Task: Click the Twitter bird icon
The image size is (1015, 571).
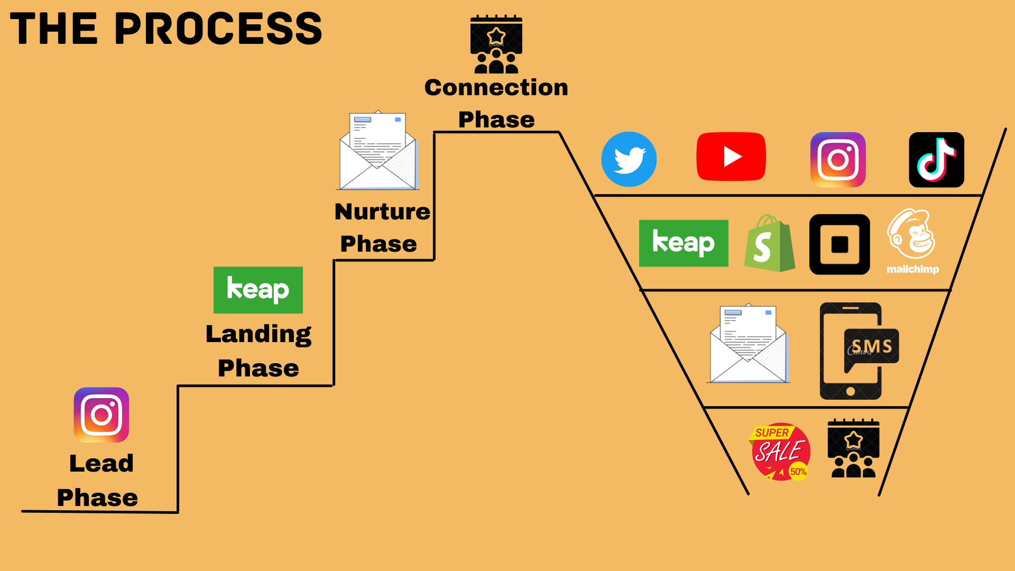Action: click(629, 159)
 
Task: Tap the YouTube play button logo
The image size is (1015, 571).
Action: click(731, 156)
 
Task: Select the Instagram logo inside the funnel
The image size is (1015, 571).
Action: click(838, 160)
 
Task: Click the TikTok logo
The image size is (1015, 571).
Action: click(936, 160)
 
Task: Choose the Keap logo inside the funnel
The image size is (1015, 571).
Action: click(684, 243)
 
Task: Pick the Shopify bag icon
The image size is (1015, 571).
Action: click(770, 243)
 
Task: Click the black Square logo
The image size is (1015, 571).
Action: click(839, 244)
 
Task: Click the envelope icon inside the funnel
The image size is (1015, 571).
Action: click(748, 343)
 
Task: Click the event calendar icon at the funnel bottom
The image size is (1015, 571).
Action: click(853, 448)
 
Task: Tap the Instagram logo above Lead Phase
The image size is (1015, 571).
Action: click(101, 415)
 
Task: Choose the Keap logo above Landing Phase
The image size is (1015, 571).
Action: click(258, 290)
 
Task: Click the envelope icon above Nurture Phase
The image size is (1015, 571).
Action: click(377, 150)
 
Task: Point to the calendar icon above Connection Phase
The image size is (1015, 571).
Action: click(496, 44)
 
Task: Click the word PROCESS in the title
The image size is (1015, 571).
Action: click(218, 29)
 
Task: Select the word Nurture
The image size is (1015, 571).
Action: click(382, 211)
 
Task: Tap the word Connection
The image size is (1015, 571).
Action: click(496, 87)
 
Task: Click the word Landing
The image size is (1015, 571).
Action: click(259, 335)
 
